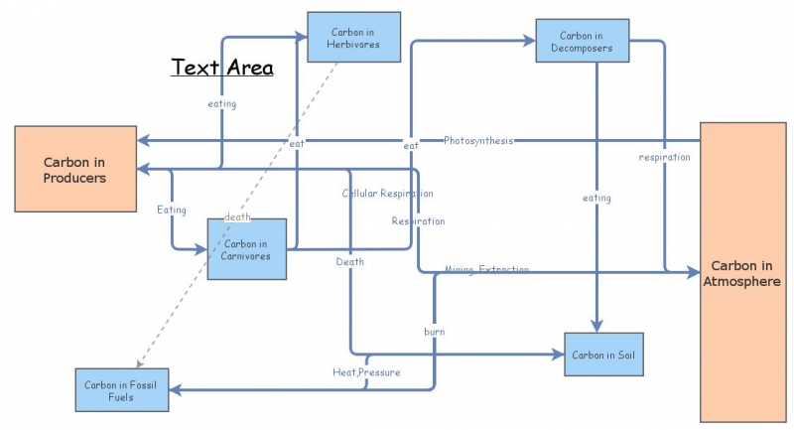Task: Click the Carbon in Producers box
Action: click(x=74, y=168)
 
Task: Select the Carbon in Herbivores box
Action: click(x=354, y=38)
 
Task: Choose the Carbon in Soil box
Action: click(x=603, y=355)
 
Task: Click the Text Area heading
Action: click(x=222, y=68)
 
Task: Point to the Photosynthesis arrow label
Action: click(x=478, y=140)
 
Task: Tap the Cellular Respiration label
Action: click(x=387, y=193)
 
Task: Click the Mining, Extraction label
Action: click(x=486, y=270)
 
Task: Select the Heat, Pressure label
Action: click(x=366, y=372)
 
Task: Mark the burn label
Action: click(x=434, y=330)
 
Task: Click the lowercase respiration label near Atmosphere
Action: click(x=664, y=157)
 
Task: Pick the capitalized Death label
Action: click(x=349, y=262)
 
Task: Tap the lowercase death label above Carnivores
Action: click(x=237, y=216)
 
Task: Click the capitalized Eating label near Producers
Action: click(x=172, y=210)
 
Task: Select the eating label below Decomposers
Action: click(x=596, y=199)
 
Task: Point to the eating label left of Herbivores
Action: click(x=222, y=103)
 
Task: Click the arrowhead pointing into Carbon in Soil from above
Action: click(x=596, y=327)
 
